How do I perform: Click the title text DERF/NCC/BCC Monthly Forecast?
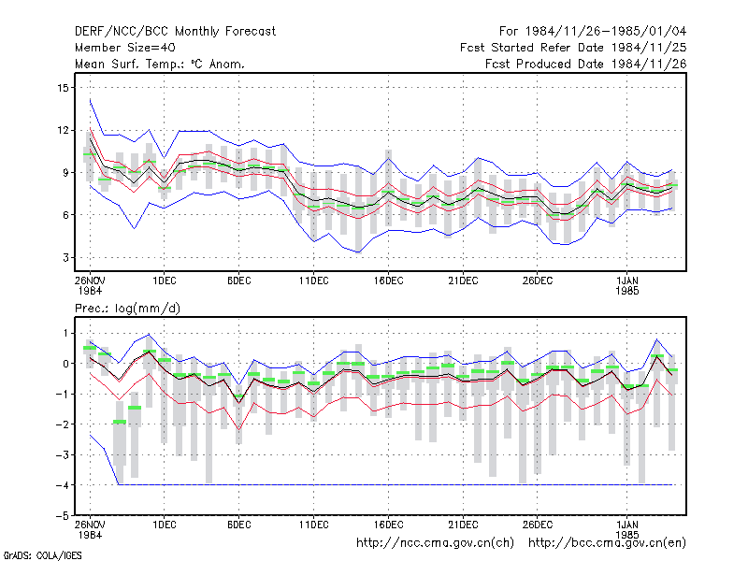(175, 32)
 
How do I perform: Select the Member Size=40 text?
(125, 48)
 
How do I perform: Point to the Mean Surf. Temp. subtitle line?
(159, 64)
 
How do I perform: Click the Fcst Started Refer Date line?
(573, 48)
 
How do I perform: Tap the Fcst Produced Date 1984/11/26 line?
(585, 64)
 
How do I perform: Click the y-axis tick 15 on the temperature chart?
(63, 88)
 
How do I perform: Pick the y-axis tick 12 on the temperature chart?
(63, 130)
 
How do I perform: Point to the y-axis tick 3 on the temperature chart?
(65, 258)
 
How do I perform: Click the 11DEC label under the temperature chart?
(314, 280)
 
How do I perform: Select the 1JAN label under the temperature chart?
(626, 280)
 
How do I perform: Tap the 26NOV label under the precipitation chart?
(90, 525)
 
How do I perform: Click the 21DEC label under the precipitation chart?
(463, 525)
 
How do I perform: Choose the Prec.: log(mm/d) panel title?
(127, 309)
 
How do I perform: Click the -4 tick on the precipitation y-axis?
(63, 485)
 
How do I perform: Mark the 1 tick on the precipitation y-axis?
(65, 334)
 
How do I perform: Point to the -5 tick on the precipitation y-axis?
(63, 516)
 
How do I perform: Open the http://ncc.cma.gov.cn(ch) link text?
(435, 543)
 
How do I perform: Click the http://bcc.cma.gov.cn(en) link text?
(607, 543)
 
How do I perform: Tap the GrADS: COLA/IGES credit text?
(42, 555)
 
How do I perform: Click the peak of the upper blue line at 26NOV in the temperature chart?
(90, 99)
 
